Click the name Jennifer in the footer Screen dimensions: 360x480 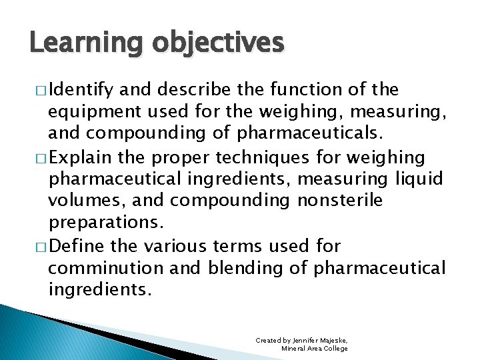coord(305,341)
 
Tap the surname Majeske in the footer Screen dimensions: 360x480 coord(335,341)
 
